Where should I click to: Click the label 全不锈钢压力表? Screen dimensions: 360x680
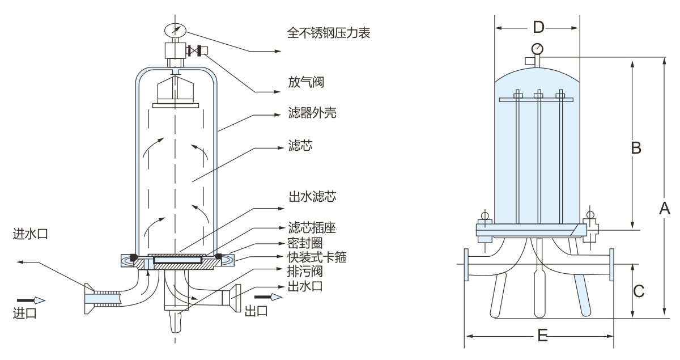(329, 33)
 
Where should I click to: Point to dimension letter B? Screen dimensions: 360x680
(636, 148)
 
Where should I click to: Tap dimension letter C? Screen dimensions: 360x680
(639, 291)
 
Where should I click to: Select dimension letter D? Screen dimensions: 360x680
(539, 27)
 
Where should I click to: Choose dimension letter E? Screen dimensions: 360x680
(542, 336)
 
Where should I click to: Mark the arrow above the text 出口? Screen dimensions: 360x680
(268, 297)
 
